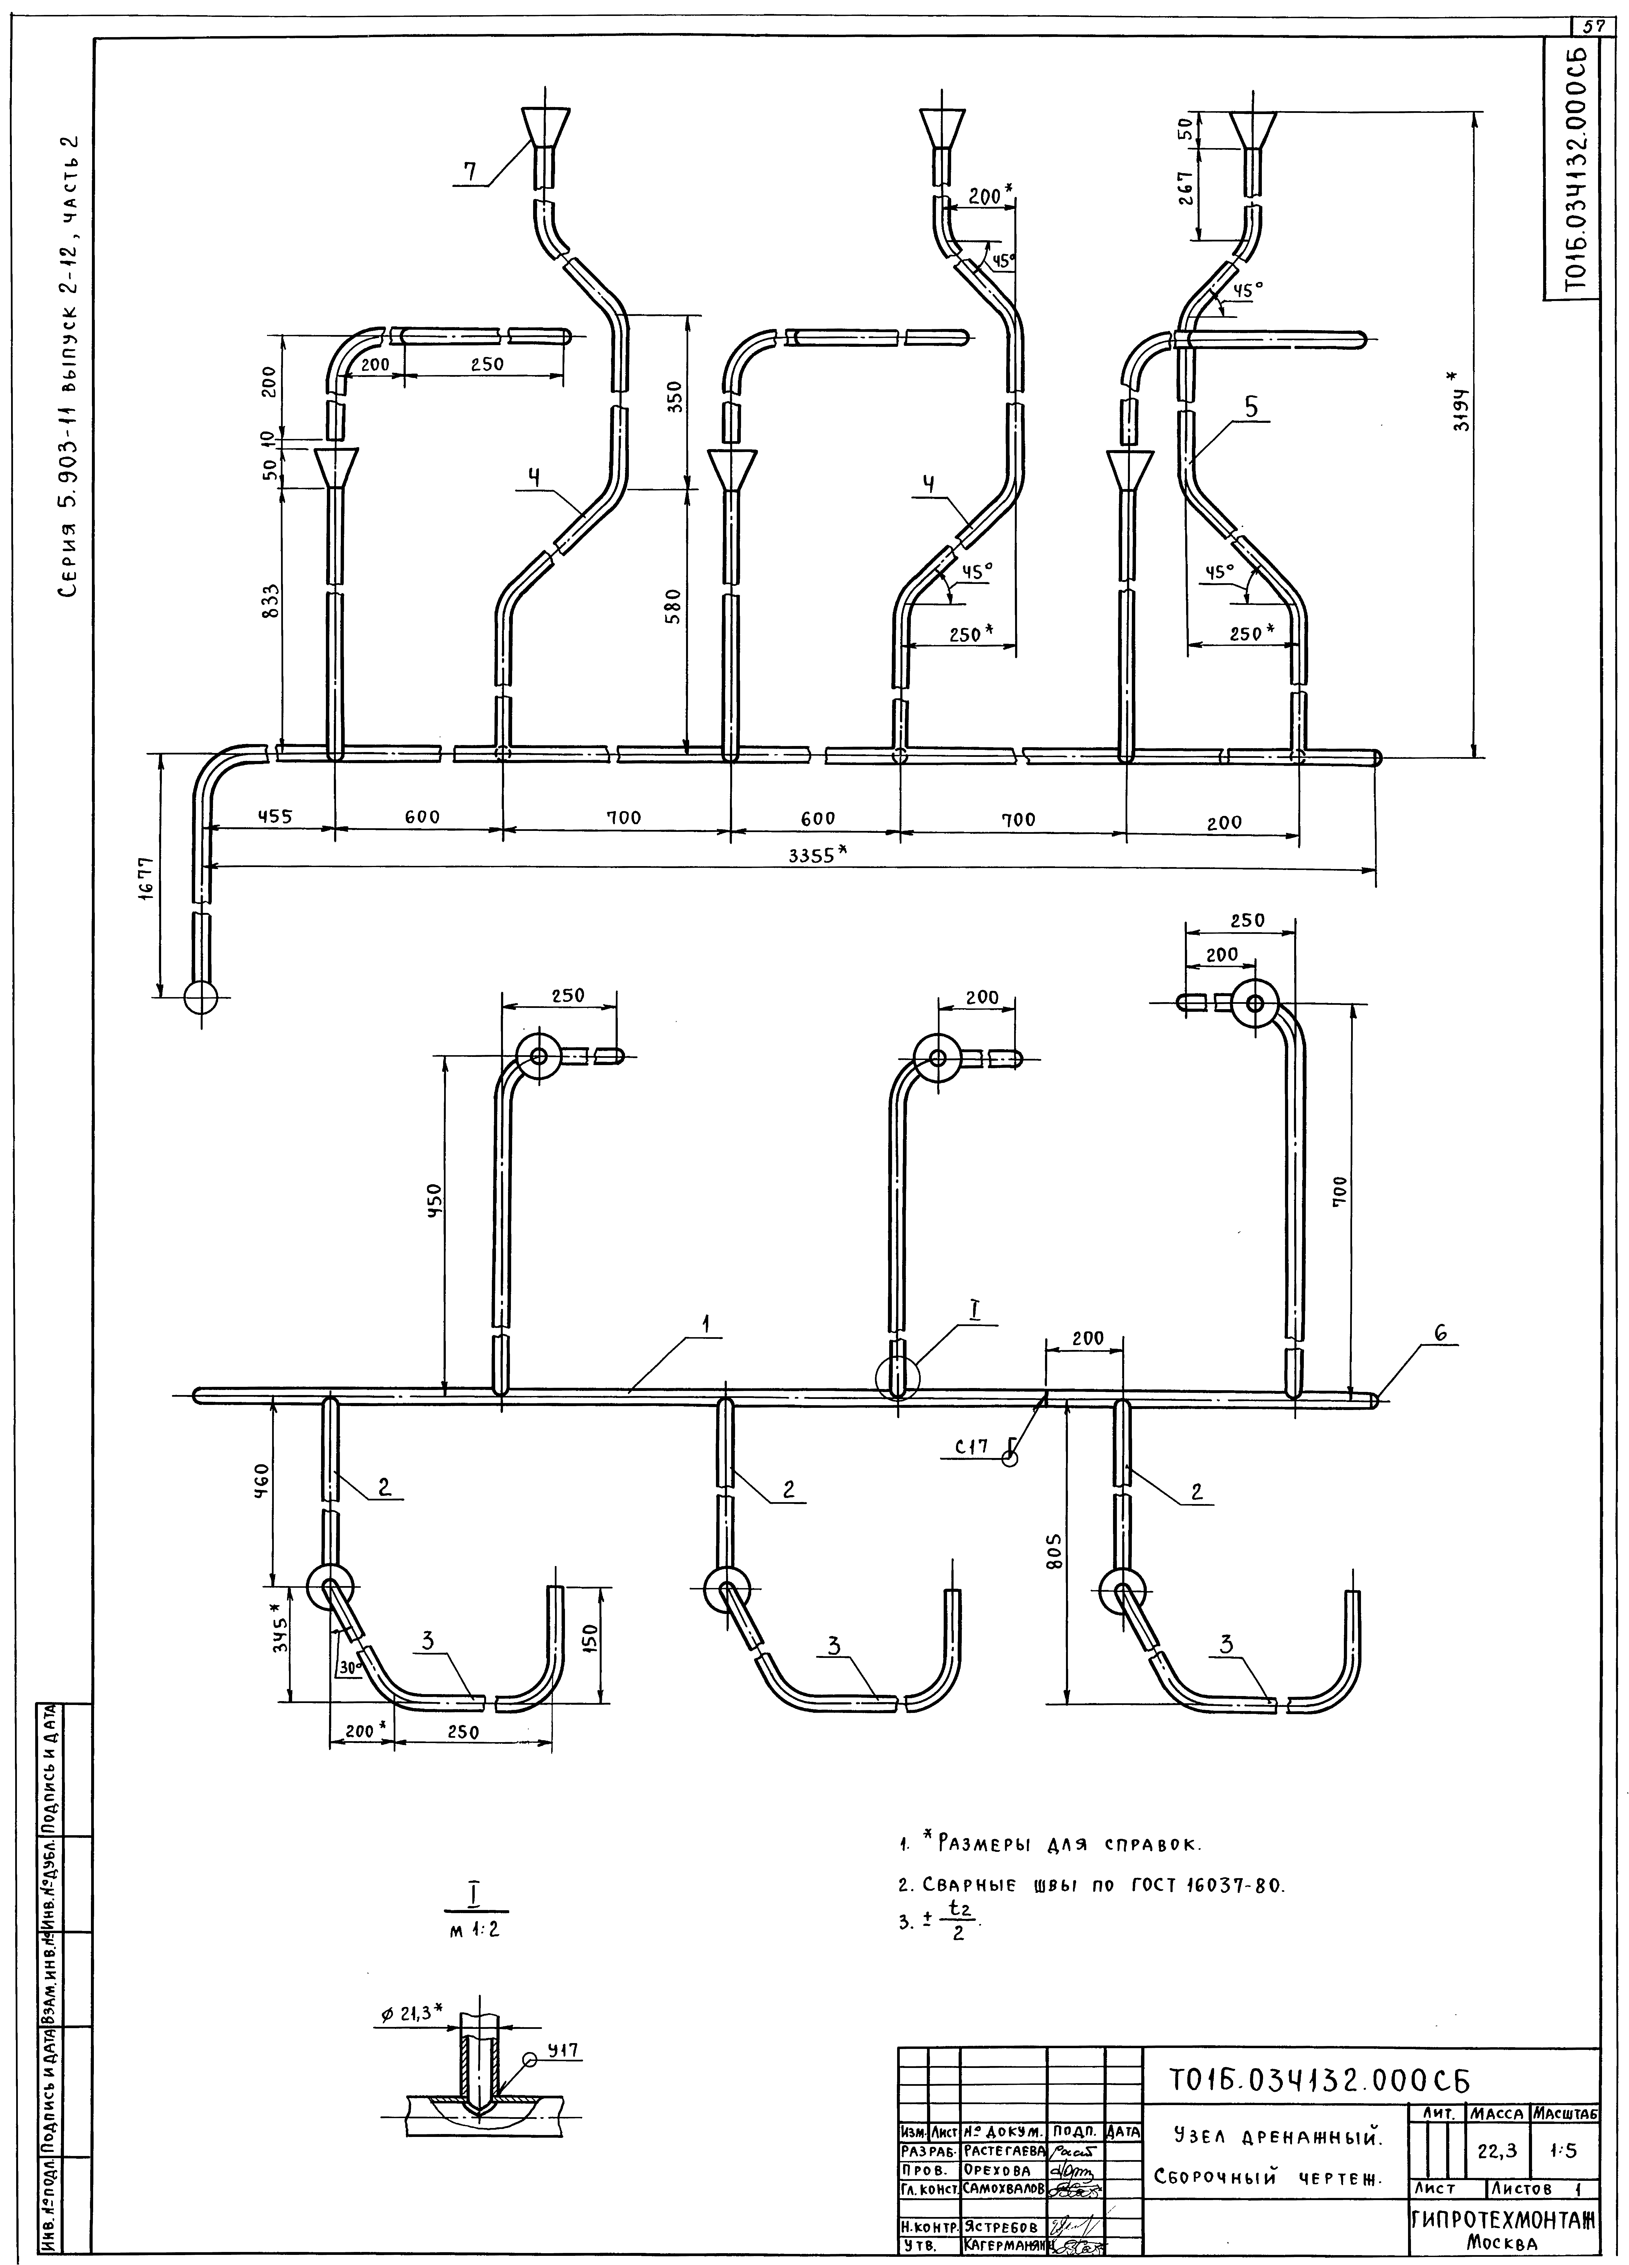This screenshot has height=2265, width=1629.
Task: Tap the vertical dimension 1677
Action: point(147,879)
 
